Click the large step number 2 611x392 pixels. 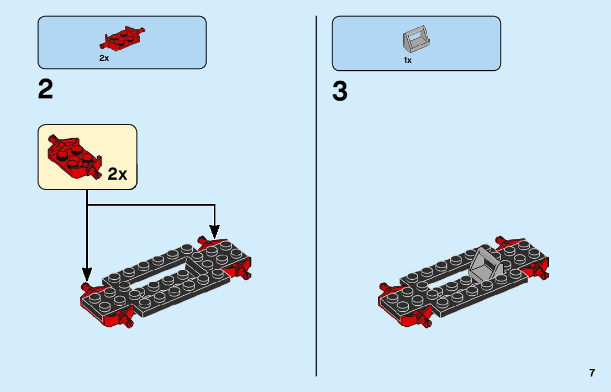(x=46, y=90)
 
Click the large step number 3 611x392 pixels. (x=340, y=92)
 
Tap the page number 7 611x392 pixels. (x=592, y=373)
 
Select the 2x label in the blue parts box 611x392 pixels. (x=104, y=58)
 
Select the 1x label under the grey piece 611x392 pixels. (x=408, y=60)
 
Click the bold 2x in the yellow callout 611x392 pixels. (x=117, y=175)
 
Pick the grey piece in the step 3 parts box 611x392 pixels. (x=416, y=40)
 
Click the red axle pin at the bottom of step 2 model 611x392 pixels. (x=130, y=323)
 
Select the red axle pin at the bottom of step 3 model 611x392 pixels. (x=426, y=322)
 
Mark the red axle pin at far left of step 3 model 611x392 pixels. (x=382, y=286)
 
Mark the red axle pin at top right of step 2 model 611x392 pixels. (x=201, y=239)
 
